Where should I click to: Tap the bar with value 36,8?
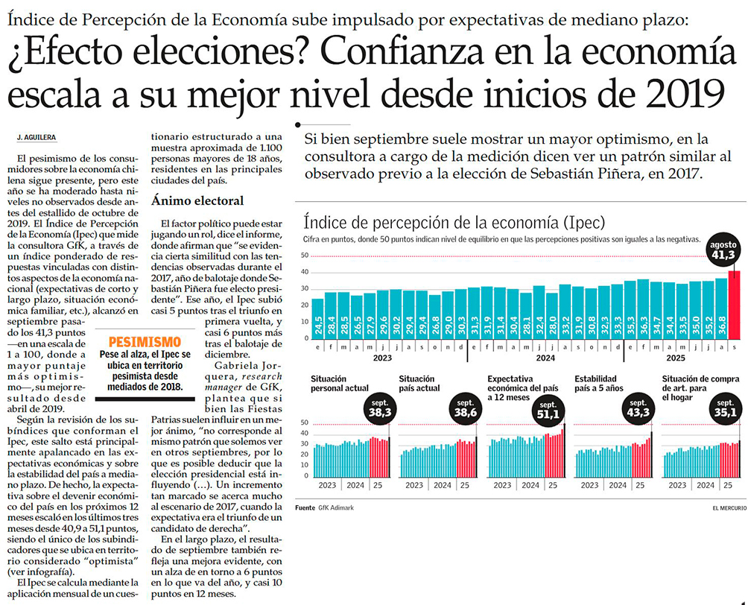click(x=720, y=309)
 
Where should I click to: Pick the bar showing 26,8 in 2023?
click(x=434, y=316)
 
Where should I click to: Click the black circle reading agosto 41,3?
click(x=723, y=250)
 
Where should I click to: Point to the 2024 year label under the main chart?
click(x=545, y=356)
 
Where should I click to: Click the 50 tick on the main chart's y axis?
click(x=304, y=256)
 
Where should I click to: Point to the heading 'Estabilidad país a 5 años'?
click(x=601, y=384)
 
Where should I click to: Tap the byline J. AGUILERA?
click(x=36, y=138)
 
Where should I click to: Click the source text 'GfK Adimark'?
click(x=337, y=507)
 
